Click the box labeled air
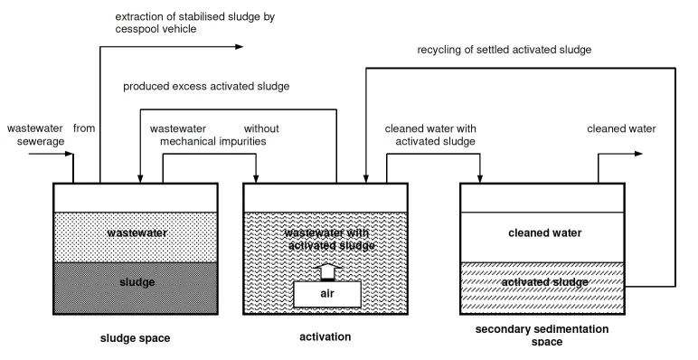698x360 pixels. [x=327, y=294]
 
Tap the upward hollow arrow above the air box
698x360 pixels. [x=328, y=271]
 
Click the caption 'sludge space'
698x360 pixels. [x=135, y=338]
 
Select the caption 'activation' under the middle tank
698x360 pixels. [x=325, y=336]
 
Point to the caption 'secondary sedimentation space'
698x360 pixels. [x=542, y=336]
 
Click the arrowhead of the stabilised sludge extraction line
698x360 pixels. [x=240, y=46]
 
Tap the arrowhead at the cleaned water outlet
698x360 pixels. [x=639, y=154]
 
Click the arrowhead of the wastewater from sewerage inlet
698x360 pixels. [x=69, y=154]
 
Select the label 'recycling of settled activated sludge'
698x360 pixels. [x=504, y=50]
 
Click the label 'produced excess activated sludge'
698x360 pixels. [x=206, y=86]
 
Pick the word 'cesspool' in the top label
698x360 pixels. [x=136, y=29]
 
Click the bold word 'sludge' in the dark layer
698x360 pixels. [x=137, y=282]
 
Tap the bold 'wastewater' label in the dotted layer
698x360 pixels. [x=137, y=232]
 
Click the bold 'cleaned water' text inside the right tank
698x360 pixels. [x=545, y=232]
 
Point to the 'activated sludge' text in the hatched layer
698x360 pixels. [x=545, y=282]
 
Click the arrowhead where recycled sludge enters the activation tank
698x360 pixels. [x=366, y=179]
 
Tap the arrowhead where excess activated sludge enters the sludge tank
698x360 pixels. [x=140, y=179]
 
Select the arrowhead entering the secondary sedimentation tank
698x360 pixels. [x=480, y=179]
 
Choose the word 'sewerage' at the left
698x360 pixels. [x=41, y=141]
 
